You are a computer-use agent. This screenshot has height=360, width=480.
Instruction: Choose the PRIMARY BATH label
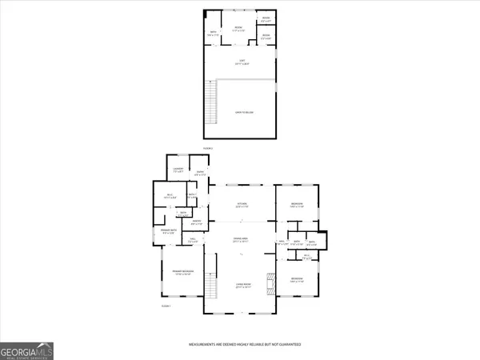coord(166,232)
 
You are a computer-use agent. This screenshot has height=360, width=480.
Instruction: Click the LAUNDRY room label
coord(180,170)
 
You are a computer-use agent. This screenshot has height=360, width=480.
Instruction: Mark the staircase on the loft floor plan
coord(211,103)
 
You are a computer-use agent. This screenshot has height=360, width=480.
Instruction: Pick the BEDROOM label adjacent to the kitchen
coord(297,205)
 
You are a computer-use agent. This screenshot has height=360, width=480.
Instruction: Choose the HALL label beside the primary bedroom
coord(192,240)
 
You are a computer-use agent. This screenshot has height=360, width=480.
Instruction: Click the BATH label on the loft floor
coord(213,34)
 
